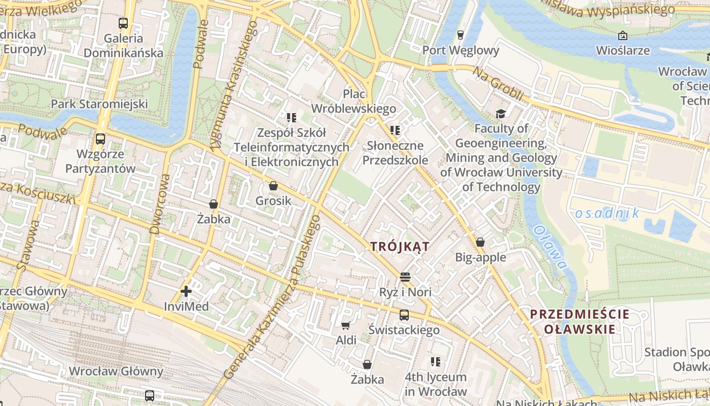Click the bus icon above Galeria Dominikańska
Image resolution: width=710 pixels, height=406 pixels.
click(x=123, y=23)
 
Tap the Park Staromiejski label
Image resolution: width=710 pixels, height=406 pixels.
click(x=99, y=104)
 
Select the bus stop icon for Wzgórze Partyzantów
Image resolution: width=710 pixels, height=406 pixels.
click(x=100, y=139)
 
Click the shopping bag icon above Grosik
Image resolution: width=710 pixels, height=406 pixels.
click(x=273, y=186)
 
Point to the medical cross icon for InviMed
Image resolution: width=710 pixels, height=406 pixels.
click(x=186, y=291)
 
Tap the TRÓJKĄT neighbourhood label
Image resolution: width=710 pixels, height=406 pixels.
click(x=400, y=247)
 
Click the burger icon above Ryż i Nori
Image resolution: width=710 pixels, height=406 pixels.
click(x=405, y=277)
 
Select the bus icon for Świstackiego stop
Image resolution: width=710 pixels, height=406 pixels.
click(x=404, y=315)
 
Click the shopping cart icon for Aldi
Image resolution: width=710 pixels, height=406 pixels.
click(x=346, y=325)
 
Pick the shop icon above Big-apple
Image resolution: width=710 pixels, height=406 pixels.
click(x=480, y=242)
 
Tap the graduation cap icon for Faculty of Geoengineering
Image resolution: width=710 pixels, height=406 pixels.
click(x=501, y=114)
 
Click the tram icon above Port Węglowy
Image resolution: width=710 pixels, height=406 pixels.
click(x=460, y=35)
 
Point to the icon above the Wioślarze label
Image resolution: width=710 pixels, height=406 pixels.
click(x=623, y=36)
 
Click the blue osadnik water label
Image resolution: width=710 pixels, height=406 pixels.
click(x=607, y=213)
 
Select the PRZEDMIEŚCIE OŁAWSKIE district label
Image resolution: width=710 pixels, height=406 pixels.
click(x=580, y=322)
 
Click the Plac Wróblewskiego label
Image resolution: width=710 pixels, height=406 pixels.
click(x=353, y=101)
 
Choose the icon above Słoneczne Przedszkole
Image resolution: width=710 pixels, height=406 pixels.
click(x=395, y=130)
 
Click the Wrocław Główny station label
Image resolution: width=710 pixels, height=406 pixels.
click(x=116, y=371)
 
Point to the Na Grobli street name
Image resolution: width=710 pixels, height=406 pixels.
click(x=498, y=83)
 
